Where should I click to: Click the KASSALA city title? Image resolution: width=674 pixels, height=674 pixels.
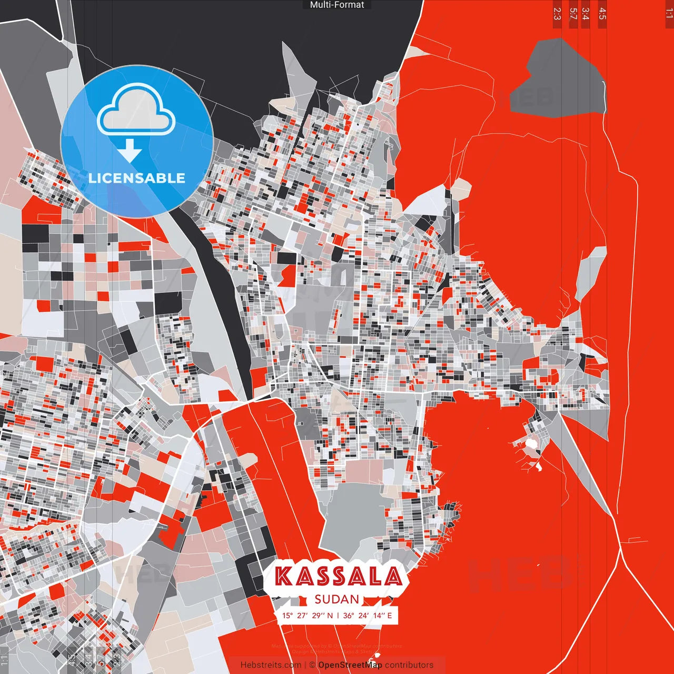(339, 576)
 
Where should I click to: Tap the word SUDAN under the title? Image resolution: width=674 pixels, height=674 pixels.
(337, 599)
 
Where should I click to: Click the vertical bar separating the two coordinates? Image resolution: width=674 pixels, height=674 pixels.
(338, 616)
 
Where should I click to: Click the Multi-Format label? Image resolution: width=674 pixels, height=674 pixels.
(337, 5)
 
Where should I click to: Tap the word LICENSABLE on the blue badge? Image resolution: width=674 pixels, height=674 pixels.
(137, 178)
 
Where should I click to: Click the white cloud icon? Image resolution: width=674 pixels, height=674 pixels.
(136, 111)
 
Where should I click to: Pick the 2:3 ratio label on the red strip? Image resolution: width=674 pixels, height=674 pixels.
(557, 14)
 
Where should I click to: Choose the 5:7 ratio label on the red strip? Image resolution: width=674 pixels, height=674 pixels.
(573, 14)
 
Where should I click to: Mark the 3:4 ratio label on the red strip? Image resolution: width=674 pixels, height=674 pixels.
(586, 14)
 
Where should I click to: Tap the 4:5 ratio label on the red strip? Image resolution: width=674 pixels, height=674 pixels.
(602, 14)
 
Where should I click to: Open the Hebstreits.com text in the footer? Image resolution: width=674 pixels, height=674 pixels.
(271, 665)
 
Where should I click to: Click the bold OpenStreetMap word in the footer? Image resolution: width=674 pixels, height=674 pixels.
(350, 665)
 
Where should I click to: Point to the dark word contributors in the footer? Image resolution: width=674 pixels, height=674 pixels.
(409, 665)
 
